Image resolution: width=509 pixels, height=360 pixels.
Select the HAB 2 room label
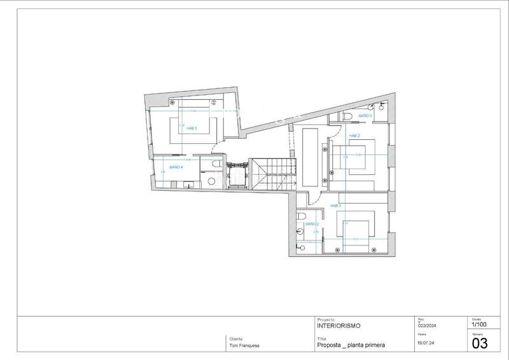[x=354, y=136]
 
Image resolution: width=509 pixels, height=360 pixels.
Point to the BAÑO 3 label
[x=365, y=116]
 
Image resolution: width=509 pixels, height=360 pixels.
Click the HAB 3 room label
[x=335, y=206]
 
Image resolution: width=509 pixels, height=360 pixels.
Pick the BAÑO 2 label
[x=311, y=225]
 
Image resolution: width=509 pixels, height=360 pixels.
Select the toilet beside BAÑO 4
[x=216, y=165]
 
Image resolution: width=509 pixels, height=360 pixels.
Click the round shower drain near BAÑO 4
[x=212, y=181]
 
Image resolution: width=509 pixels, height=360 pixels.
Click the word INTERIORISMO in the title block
[x=338, y=326]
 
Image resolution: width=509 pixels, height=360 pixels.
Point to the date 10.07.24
[x=426, y=342]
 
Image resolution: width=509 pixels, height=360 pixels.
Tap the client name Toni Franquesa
[x=244, y=346]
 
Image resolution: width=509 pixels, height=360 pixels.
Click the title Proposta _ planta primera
[x=351, y=345]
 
